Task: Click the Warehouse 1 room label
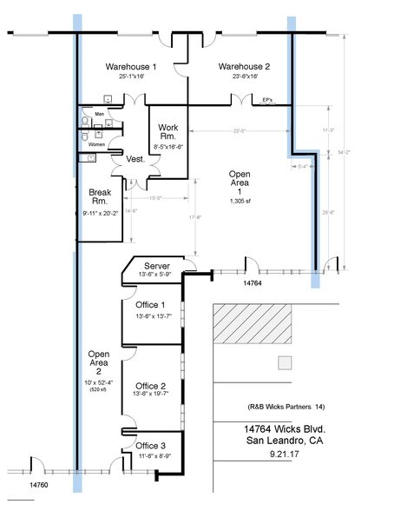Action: pyautogui.click(x=130, y=66)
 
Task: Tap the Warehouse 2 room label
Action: pyautogui.click(x=244, y=66)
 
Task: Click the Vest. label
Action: pyautogui.click(x=135, y=160)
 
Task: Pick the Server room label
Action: pyautogui.click(x=157, y=265)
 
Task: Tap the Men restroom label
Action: pyautogui.click(x=99, y=113)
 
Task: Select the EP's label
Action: pyautogui.click(x=267, y=100)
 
